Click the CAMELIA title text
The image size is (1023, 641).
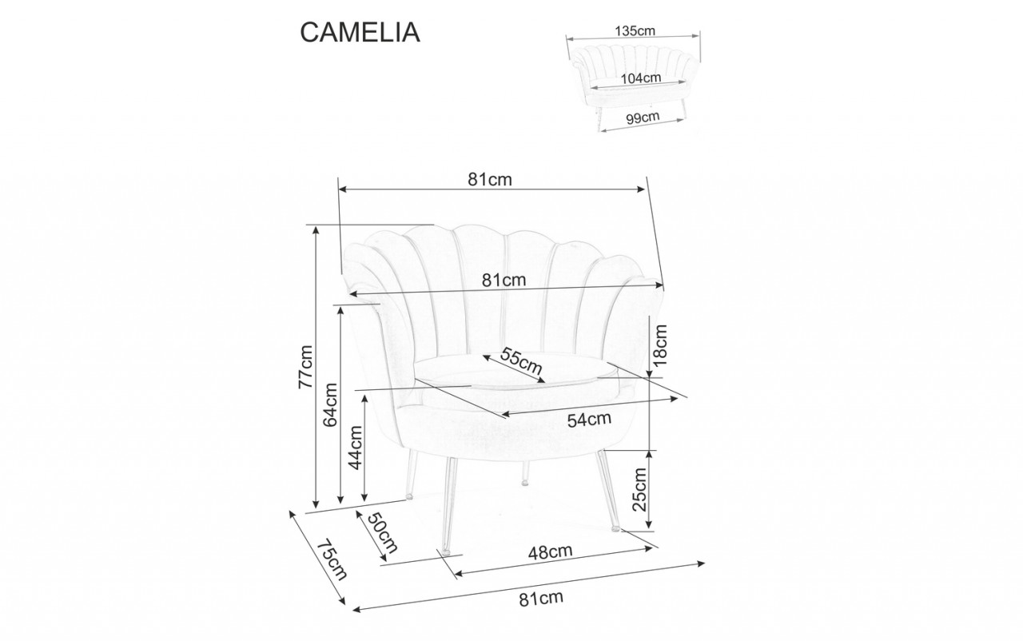[x=359, y=31]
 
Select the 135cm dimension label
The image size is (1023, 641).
[x=635, y=31]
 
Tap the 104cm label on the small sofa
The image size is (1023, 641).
[x=640, y=78]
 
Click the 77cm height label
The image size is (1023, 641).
[x=305, y=367]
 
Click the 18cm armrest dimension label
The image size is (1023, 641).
[x=659, y=345]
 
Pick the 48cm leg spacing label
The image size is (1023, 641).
[x=551, y=551]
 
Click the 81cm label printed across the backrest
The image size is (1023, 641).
[x=504, y=281]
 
